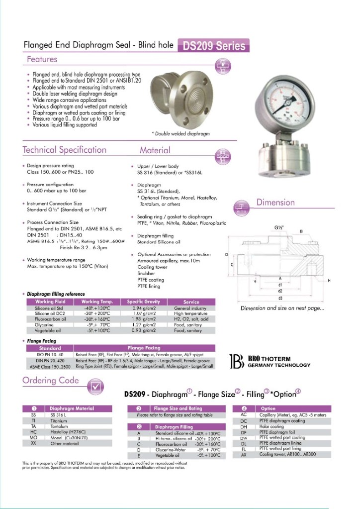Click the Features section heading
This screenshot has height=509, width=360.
coord(42,60)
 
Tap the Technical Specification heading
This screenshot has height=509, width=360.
coord(64,150)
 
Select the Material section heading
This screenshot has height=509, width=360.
coord(155,150)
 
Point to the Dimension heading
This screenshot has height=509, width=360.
coord(275,203)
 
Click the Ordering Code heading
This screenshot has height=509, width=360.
coord(51,381)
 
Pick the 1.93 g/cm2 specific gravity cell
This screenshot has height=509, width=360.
coord(143,319)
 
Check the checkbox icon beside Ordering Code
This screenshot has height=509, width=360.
coord(96,386)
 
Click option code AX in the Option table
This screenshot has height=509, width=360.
coord(244,455)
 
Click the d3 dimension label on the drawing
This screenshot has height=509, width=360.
coord(280,298)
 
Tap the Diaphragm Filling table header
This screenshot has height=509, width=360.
coord(173,426)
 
